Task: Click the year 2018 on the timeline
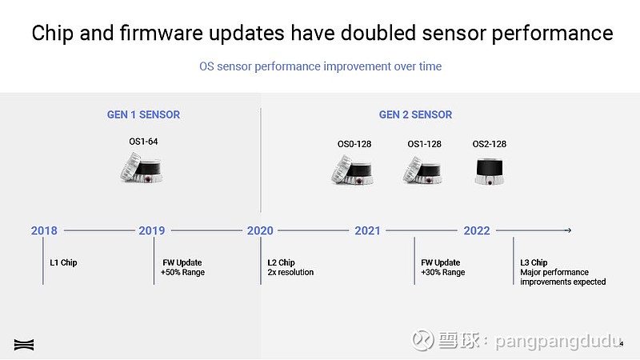coord(44,230)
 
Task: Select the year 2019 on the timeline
coord(152,230)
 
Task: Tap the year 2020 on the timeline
coord(260,230)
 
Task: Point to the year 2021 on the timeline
coord(367,230)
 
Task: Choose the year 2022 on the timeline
coord(477,230)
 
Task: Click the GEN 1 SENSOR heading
coord(143,114)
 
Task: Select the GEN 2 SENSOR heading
coord(415,114)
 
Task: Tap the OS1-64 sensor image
coord(142,167)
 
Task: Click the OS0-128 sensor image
coord(353,170)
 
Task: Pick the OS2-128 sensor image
coord(490,172)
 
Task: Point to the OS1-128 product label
coord(425,144)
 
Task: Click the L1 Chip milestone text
coord(63,262)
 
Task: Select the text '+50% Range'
coord(182,272)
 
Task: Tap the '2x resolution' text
coord(290,272)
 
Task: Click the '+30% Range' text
coord(443,272)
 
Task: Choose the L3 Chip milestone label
coord(534,262)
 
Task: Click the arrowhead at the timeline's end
coord(569,230)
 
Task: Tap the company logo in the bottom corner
coord(24,345)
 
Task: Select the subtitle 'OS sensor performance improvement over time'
coord(321,66)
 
